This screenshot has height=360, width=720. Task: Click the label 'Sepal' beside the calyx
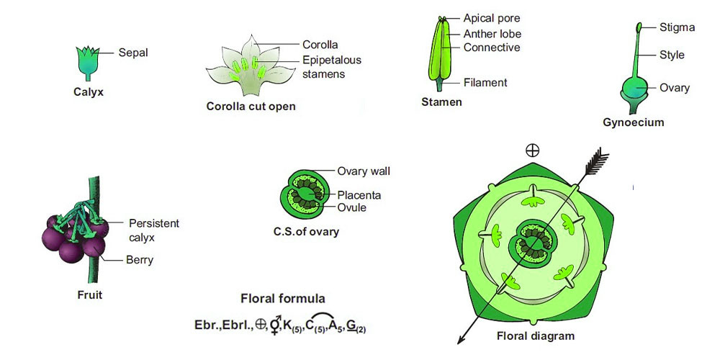(x=133, y=53)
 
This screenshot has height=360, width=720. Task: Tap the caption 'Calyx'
(x=89, y=92)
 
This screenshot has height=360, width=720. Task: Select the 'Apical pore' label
(x=491, y=19)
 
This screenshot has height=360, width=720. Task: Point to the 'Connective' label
(x=491, y=48)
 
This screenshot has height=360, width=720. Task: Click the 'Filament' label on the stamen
(x=485, y=83)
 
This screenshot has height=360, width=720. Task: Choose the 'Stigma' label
(x=677, y=27)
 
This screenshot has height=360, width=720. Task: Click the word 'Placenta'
(x=359, y=195)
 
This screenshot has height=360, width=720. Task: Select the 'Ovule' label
(x=351, y=207)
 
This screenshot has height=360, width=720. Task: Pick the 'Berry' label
(x=139, y=261)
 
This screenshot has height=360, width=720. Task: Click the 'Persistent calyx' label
(x=154, y=230)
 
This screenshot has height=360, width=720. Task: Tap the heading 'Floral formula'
(x=283, y=299)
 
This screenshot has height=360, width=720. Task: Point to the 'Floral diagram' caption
(x=536, y=336)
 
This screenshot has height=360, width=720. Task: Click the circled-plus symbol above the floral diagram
(x=533, y=150)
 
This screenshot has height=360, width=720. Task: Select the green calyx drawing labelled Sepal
(x=88, y=63)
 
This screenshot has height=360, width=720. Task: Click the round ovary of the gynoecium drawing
(x=635, y=89)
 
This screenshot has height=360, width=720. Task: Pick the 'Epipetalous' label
(x=332, y=60)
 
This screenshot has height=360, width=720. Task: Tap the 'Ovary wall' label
(x=364, y=171)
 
